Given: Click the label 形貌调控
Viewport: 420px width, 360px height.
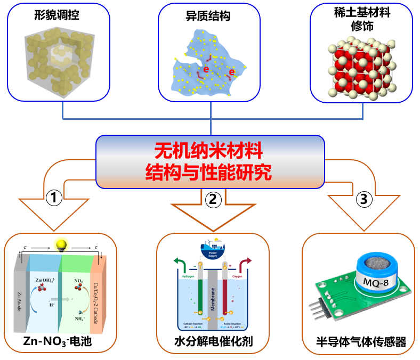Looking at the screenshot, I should (56, 15).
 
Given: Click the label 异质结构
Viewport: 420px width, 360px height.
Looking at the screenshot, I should (212, 16).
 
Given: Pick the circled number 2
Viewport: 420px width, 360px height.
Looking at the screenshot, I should (213, 199).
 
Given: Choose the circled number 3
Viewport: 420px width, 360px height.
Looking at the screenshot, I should (364, 199).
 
